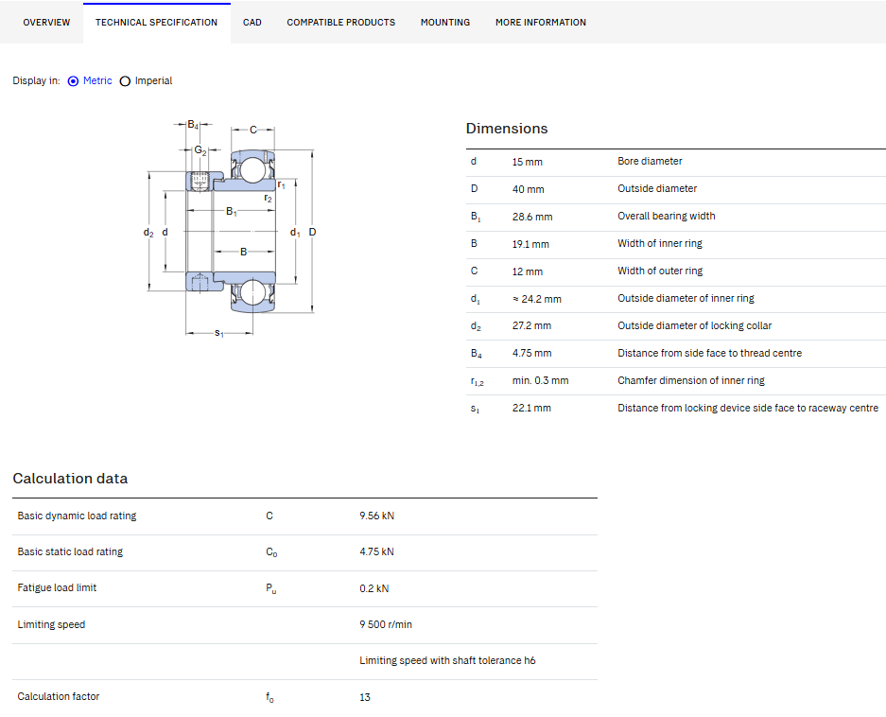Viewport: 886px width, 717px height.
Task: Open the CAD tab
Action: tap(252, 23)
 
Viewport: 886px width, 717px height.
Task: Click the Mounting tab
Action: tap(445, 23)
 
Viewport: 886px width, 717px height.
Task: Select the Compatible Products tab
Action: tap(340, 23)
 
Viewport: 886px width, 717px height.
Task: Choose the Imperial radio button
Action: tap(126, 80)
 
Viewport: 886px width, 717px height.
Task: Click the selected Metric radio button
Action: tap(73, 80)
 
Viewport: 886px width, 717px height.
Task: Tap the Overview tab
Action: tap(46, 23)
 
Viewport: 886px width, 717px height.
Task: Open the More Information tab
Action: tap(541, 23)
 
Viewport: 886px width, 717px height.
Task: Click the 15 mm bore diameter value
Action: tap(528, 162)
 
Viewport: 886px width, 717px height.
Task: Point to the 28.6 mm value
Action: tap(532, 217)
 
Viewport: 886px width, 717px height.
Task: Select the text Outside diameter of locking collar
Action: tap(694, 325)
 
